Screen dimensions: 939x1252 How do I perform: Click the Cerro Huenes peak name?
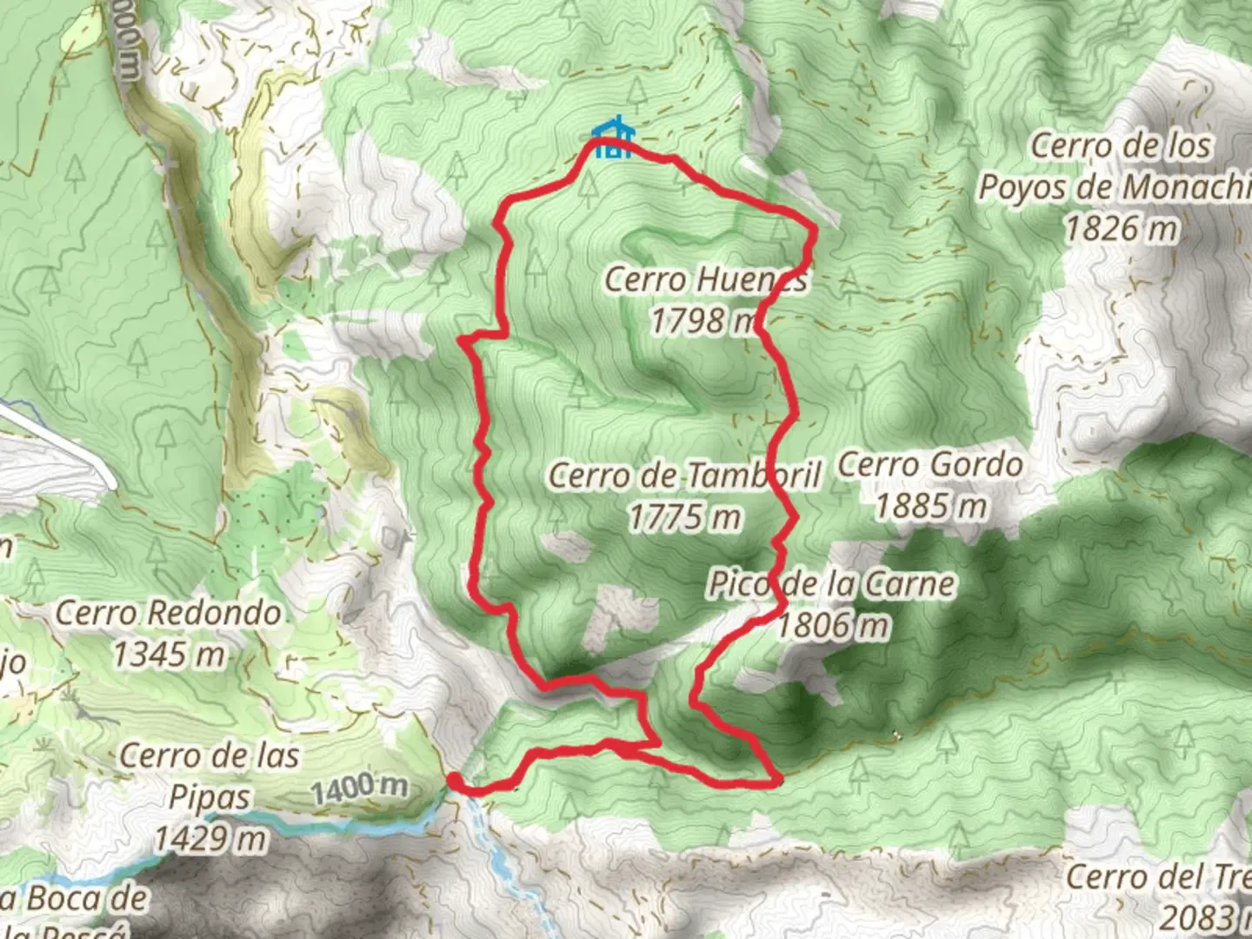[x=705, y=280]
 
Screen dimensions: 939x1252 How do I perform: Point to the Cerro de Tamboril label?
[x=684, y=476]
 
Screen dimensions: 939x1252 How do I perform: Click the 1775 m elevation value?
[x=684, y=517]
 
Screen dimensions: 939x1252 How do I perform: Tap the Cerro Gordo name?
[x=929, y=464]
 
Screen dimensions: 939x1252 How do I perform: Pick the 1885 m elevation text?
[x=930, y=505]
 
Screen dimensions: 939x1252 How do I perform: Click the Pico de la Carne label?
[x=831, y=583]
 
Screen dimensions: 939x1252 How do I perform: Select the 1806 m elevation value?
[x=832, y=624]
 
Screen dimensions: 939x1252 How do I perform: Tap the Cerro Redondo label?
[x=169, y=613]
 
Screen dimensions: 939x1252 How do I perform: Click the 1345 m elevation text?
[x=169, y=654]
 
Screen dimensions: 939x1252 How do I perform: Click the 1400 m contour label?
[x=359, y=788]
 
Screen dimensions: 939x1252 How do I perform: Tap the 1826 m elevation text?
[x=1122, y=229]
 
